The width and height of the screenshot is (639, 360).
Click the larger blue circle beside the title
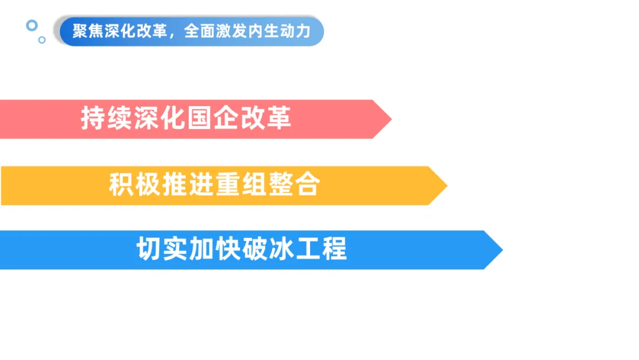[x=32, y=25]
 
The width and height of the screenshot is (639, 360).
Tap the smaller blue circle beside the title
[x=42, y=40]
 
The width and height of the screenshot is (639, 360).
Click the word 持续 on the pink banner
[x=107, y=119]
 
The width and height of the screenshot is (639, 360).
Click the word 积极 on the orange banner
[x=135, y=185]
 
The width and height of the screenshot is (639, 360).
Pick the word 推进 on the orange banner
[x=188, y=185]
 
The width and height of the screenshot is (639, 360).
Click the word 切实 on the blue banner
[x=162, y=249]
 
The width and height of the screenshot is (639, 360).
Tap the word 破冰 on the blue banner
[x=268, y=249]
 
